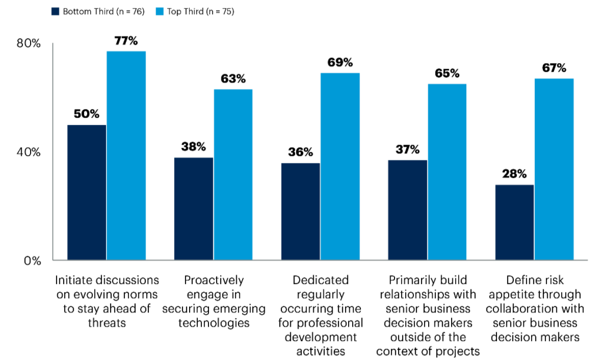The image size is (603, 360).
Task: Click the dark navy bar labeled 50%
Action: [x=87, y=192]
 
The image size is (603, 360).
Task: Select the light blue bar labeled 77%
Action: [x=126, y=156]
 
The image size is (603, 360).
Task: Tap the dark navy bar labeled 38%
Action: [x=194, y=209]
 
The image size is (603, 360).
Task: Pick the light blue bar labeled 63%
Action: [x=233, y=174]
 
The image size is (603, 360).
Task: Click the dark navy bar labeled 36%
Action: [x=300, y=212]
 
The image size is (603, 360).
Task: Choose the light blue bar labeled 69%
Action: [x=340, y=166]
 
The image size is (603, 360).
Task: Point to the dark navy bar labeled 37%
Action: [x=407, y=210]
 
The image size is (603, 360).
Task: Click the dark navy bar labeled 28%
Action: [x=514, y=222]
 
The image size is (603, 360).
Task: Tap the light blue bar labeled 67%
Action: [x=554, y=169]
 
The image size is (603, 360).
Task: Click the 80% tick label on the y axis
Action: [x=28, y=44]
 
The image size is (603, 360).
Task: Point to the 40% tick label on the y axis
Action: [x=28, y=152]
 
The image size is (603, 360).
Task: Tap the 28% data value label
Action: [x=514, y=174]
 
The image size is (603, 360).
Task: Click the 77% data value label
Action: [x=126, y=41]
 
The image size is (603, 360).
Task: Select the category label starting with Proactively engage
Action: [x=214, y=301]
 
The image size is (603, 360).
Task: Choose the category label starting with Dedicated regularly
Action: [x=321, y=315]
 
